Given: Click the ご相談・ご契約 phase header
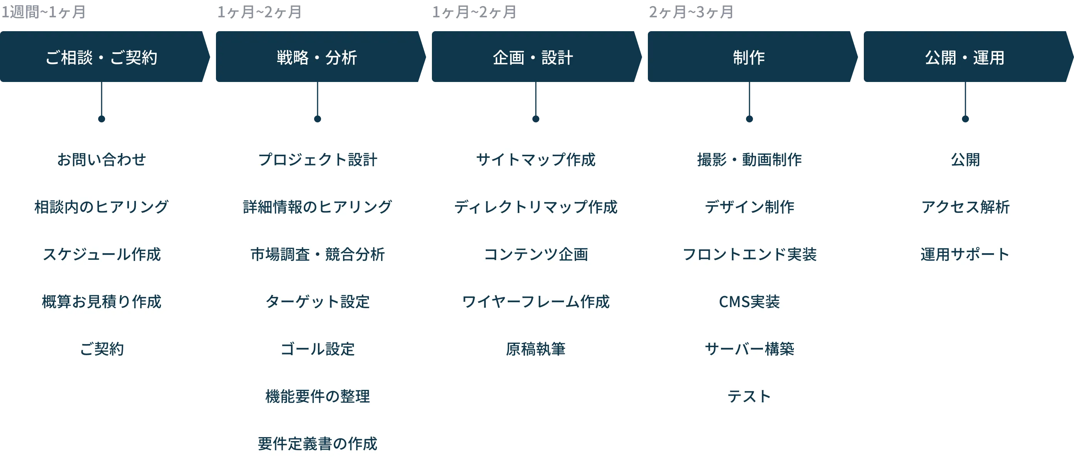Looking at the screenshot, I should click(101, 57).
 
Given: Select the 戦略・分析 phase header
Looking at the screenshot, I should click(317, 57).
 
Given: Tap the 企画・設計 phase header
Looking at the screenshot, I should click(533, 57).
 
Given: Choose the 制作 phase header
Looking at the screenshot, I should click(749, 57).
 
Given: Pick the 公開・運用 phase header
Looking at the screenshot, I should click(965, 57).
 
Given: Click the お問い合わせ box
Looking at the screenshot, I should click(101, 160).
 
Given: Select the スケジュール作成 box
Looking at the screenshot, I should click(101, 254).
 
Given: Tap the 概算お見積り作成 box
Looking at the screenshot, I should click(101, 301).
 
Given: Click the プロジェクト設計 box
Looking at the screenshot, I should click(317, 160).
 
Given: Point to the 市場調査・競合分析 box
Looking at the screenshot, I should click(317, 254).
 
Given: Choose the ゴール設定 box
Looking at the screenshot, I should click(317, 348).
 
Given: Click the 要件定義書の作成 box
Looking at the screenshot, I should click(317, 443).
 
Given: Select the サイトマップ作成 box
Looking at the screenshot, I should click(535, 160).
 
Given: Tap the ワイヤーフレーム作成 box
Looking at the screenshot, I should click(535, 301).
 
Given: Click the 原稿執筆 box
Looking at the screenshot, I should click(535, 348).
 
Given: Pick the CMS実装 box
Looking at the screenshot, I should click(748, 301).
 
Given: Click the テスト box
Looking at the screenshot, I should click(748, 396).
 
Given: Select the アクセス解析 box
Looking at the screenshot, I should click(965, 207).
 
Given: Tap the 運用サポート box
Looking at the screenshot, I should click(965, 254).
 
